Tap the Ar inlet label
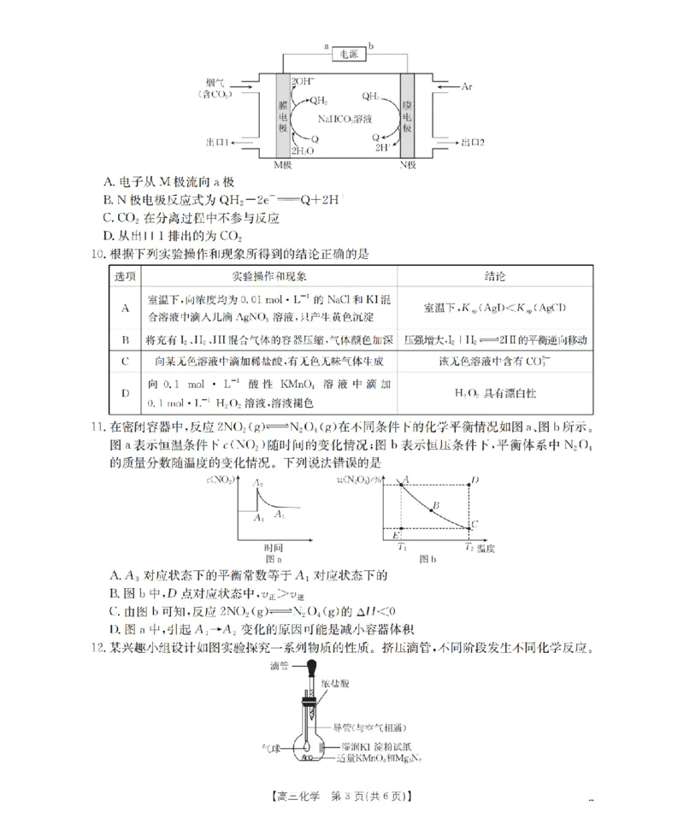[x=467, y=87]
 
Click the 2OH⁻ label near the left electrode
[x=303, y=81]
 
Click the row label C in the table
[x=125, y=361]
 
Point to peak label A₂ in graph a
[x=259, y=484]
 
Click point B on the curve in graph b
[x=435, y=506]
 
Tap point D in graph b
[x=475, y=480]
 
